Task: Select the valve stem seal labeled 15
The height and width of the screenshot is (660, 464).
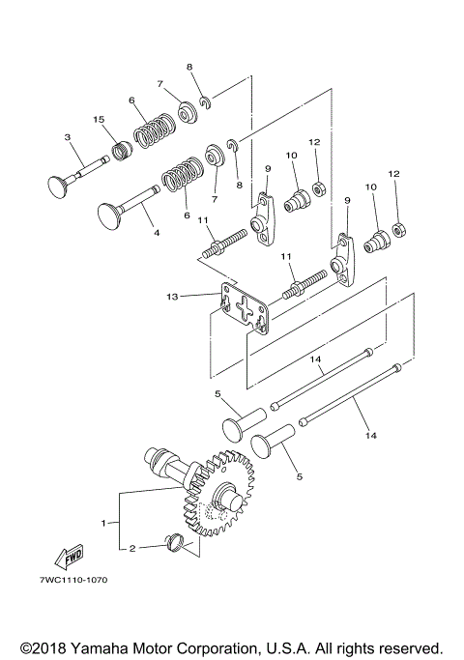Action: pos(122,152)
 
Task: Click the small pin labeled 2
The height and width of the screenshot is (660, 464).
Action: pos(175,543)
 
